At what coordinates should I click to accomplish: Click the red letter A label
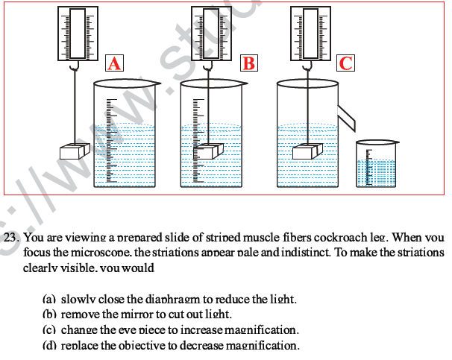tap(114, 63)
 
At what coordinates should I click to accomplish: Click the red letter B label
tap(248, 63)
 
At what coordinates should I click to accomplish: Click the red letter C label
tap(345, 63)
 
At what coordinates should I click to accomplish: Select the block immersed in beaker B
tap(209, 151)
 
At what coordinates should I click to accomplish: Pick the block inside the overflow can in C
tap(307, 151)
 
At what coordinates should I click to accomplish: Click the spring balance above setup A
tap(74, 34)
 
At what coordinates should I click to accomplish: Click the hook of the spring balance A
tap(75, 68)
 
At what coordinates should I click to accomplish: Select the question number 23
tap(10, 239)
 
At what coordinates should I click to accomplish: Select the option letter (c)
tap(49, 329)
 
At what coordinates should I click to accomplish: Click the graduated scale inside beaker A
tap(110, 142)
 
